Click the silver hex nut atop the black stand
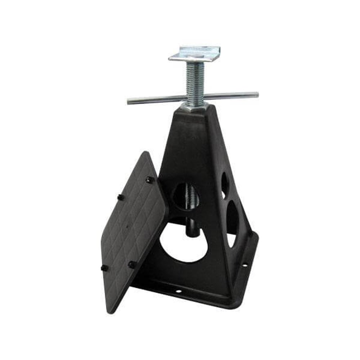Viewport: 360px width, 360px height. [x=194, y=106]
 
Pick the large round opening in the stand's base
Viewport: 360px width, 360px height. [x=184, y=243]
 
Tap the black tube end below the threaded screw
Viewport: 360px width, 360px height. [x=193, y=230]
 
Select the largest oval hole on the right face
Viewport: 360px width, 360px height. [x=232, y=218]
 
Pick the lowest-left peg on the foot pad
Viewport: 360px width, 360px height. [x=104, y=268]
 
